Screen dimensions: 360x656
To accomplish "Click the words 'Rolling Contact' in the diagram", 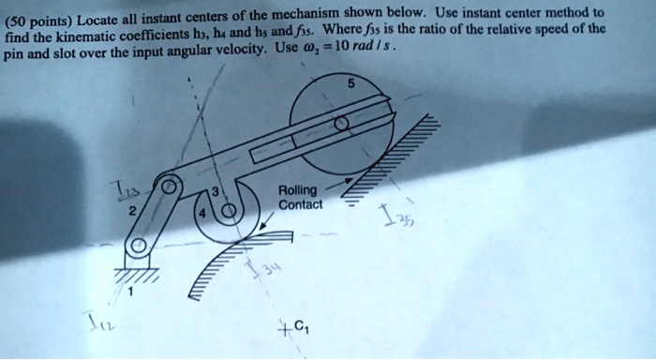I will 299,197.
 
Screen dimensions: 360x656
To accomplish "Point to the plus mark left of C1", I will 281,329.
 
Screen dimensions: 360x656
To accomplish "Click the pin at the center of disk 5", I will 340,124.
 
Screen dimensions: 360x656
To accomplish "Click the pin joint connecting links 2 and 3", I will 170,186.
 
